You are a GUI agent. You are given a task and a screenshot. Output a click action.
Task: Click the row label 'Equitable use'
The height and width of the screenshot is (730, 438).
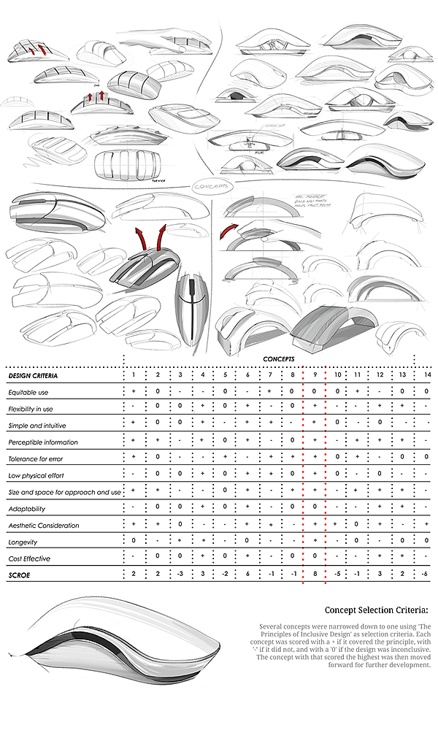click(28, 392)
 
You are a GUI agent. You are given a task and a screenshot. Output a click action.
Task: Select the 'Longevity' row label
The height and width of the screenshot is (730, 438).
click(23, 542)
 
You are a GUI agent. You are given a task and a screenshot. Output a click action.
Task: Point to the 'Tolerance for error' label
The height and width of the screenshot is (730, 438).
click(37, 458)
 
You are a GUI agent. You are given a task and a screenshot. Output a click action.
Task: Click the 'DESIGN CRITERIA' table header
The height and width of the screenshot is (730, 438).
click(34, 375)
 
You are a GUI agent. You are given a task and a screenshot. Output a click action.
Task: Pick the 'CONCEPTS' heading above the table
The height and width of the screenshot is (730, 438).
click(278, 359)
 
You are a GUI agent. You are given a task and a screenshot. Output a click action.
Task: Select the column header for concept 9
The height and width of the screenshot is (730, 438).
click(315, 375)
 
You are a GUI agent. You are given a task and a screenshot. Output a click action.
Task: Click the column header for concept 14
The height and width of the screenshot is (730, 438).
click(426, 375)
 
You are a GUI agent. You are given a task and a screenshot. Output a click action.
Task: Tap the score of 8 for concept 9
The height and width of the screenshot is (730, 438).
click(315, 575)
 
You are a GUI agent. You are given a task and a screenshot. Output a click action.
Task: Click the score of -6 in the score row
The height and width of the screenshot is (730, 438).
click(425, 575)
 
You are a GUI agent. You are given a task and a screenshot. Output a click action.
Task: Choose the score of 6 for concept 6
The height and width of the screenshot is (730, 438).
click(248, 575)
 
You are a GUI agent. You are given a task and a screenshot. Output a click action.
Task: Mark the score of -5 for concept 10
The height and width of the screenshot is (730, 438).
click(337, 575)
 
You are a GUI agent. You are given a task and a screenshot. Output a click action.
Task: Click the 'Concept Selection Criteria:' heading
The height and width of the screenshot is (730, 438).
click(377, 610)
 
